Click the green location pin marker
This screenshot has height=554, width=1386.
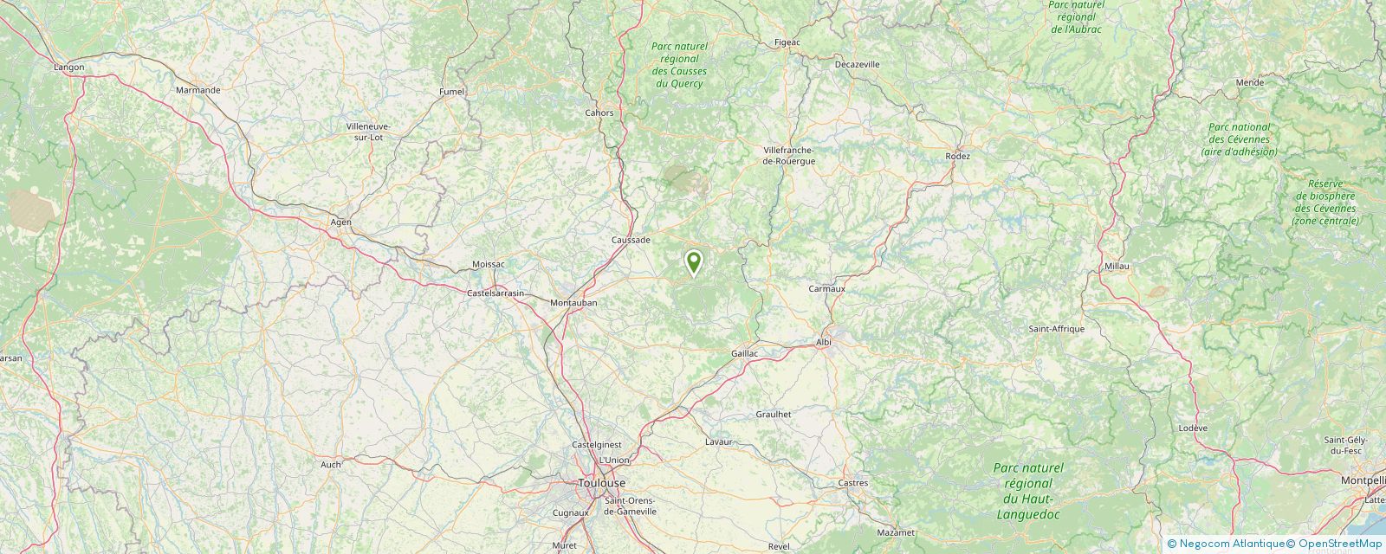tap(693, 261)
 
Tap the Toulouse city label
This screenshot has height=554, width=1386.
tap(601, 483)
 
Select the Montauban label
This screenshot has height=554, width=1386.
tap(575, 303)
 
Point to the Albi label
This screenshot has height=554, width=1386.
tap(823, 343)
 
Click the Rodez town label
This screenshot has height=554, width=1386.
tap(958, 157)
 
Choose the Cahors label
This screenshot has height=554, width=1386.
tap(599, 113)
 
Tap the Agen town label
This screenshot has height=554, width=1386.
tap(340, 222)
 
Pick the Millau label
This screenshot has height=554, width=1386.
tap(1117, 267)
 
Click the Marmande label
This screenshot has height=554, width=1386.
tap(198, 90)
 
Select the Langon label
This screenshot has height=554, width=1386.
tap(69, 67)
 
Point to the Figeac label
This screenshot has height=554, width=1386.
tap(787, 42)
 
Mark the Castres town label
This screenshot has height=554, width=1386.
tap(853, 483)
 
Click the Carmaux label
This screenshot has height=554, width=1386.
tap(826, 288)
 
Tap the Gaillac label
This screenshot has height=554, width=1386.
tap(745, 354)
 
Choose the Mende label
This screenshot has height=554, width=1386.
tap(1249, 82)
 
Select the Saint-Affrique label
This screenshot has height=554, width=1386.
tap(1056, 329)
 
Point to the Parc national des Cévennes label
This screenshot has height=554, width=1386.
tap(1239, 139)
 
